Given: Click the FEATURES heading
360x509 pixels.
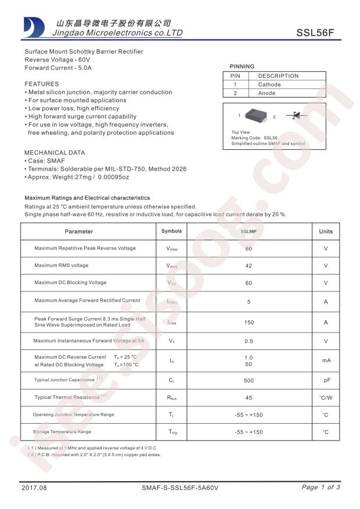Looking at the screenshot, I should pyautogui.click(x=42, y=84).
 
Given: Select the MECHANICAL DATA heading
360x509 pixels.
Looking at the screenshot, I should pyautogui.click(x=55, y=153).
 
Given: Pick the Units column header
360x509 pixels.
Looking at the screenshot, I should pyautogui.click(x=326, y=232).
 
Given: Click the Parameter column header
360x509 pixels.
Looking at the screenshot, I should pyautogui.click(x=79, y=232).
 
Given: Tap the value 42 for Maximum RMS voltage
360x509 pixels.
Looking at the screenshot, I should pyautogui.click(x=249, y=266).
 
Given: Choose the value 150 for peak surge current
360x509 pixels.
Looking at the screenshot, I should pyautogui.click(x=249, y=322).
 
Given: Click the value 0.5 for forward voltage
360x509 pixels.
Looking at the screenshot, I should pyautogui.click(x=249, y=341).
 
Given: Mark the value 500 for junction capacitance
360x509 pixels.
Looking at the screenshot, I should pyautogui.click(x=249, y=381).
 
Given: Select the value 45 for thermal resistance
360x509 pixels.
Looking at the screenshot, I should pyautogui.click(x=249, y=398).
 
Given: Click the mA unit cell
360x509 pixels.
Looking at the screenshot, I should pyautogui.click(x=326, y=360).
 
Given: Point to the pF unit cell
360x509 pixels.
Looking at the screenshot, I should pyautogui.click(x=326, y=381).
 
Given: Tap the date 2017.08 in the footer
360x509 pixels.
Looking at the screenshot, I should pyautogui.click(x=33, y=488).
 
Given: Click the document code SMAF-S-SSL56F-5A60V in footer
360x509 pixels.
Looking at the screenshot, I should pyautogui.click(x=180, y=488).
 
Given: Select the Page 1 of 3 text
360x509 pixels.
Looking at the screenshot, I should pyautogui.click(x=321, y=488).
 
